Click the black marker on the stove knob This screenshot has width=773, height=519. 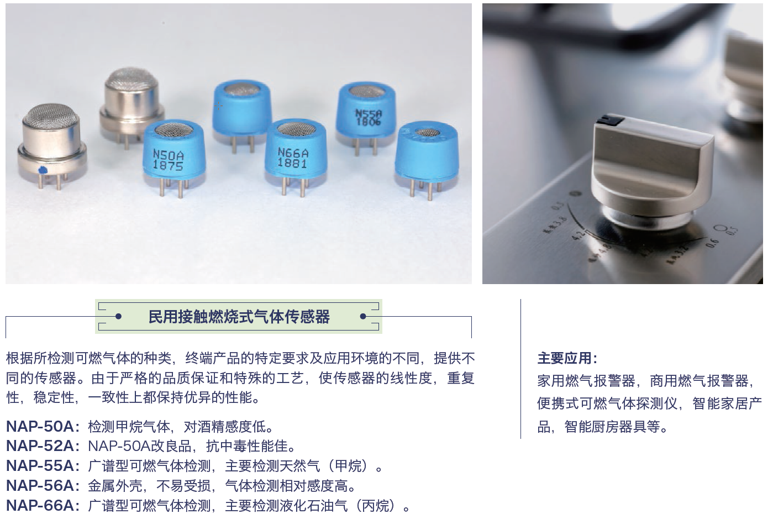611,118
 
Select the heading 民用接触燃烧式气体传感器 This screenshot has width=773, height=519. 239,317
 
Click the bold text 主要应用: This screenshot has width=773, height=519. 567,358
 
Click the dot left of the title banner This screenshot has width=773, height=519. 118,317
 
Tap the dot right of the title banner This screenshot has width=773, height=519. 363,317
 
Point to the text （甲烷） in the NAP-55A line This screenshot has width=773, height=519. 349,466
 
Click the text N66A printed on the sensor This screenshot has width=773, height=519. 293,152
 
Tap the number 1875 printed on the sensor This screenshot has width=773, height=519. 168,165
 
